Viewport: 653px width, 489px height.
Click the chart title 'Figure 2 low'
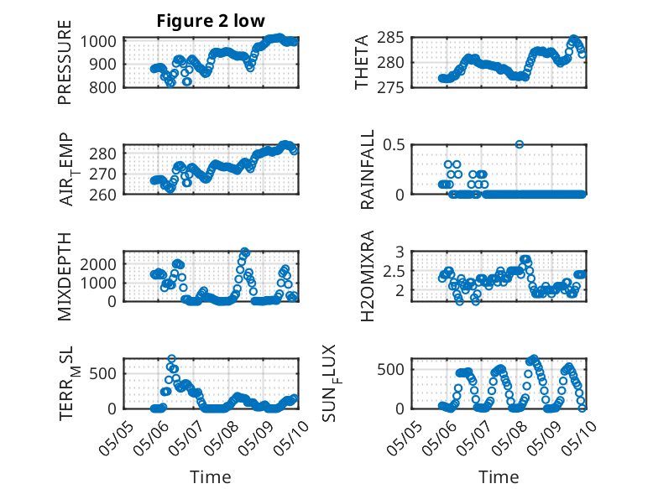coord(211,21)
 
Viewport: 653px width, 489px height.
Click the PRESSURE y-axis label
coord(65,62)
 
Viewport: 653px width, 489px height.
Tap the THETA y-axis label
coord(362,62)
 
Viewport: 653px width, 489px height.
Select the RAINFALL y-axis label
coord(368,169)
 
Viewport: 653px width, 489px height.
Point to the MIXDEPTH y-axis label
coord(65,276)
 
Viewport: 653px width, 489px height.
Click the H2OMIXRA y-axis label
coord(368,276)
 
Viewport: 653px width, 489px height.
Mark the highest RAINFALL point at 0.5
coord(519,144)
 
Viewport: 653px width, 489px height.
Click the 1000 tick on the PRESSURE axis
coord(98,42)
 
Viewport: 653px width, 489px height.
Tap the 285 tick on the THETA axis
coord(390,38)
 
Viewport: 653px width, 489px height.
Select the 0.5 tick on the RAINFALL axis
coord(394,145)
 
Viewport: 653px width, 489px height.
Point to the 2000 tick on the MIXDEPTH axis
coord(98,264)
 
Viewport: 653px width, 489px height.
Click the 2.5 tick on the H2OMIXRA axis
coord(394,272)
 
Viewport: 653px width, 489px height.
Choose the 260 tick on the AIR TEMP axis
coord(102,195)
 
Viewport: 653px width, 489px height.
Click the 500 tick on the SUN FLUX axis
coord(390,370)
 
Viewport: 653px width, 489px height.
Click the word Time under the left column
coord(211,476)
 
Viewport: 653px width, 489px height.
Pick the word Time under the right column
coord(499,476)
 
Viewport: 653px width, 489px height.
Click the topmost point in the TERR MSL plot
coord(171,358)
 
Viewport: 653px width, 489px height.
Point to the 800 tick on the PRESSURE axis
coord(102,87)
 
